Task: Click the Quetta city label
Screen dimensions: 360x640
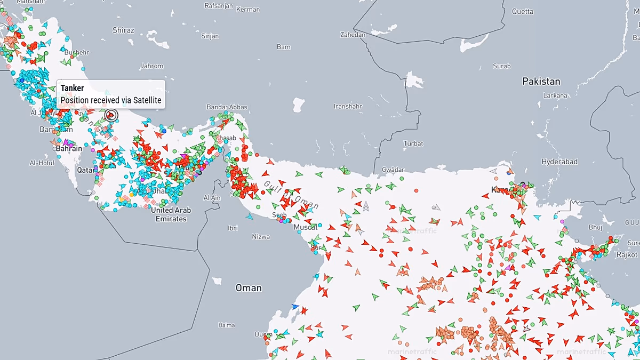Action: [522, 11]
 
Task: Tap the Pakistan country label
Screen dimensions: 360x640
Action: [541, 81]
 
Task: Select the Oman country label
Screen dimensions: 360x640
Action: [249, 288]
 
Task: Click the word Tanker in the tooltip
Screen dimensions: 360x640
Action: [72, 89]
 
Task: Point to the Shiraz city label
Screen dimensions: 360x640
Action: [123, 30]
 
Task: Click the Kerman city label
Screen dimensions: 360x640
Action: [248, 10]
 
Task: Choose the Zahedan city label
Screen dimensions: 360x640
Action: [353, 35]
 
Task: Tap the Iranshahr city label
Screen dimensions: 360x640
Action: [348, 106]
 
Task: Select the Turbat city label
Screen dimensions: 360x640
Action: [413, 143]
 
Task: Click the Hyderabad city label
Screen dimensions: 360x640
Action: [559, 162]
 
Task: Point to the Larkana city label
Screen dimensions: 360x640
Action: [555, 95]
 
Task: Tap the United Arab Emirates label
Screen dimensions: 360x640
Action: [171, 214]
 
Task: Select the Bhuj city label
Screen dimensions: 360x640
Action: [595, 227]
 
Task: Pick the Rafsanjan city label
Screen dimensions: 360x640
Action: [219, 5]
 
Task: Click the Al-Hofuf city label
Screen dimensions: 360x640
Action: [42, 163]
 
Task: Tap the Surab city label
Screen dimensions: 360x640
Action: [501, 66]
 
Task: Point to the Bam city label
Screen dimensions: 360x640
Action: [284, 47]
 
